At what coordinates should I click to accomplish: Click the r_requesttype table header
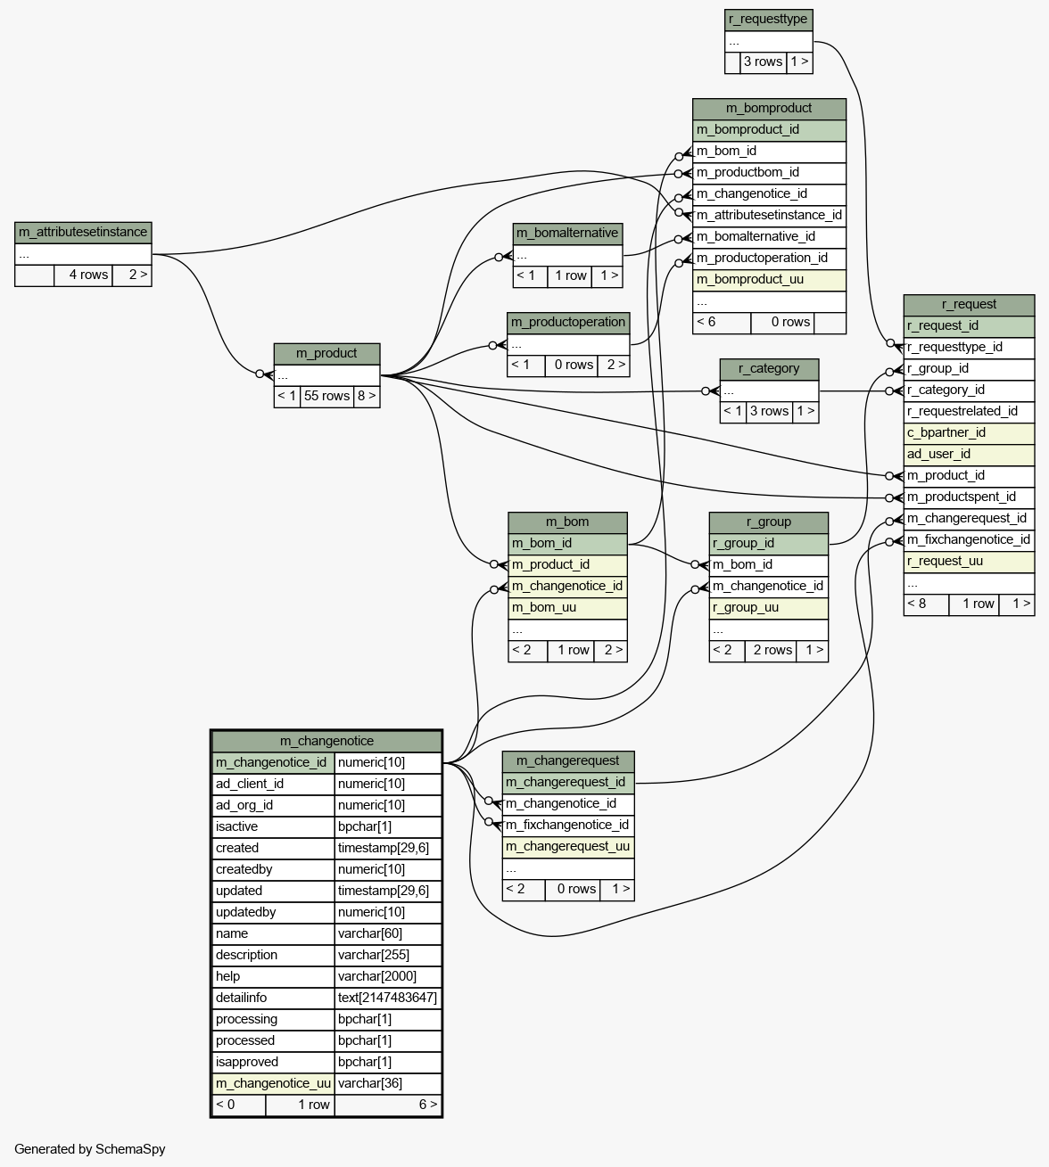click(768, 20)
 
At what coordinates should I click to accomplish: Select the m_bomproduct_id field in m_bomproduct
click(769, 130)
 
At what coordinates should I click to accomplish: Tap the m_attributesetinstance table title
click(83, 233)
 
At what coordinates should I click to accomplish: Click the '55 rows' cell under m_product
click(326, 397)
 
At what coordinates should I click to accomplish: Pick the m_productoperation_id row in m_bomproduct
click(769, 259)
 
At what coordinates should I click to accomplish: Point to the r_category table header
click(769, 369)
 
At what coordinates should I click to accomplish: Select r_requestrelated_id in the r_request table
click(969, 412)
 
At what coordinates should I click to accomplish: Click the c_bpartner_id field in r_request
click(969, 433)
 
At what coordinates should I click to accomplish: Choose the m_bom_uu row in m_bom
click(567, 608)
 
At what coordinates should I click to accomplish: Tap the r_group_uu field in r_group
click(768, 608)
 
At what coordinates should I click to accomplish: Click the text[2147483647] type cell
click(388, 999)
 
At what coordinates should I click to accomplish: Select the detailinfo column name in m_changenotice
click(273, 999)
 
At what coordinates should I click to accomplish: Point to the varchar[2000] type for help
click(388, 977)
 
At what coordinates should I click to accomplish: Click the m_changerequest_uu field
click(567, 847)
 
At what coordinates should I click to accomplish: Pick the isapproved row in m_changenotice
click(326, 1062)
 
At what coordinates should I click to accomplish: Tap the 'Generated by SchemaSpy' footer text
click(90, 1149)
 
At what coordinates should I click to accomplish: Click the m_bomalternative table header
click(567, 234)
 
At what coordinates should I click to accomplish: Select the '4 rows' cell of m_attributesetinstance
click(83, 275)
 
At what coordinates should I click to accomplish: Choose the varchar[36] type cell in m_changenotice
click(388, 1083)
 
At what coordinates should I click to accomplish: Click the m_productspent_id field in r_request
click(969, 497)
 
